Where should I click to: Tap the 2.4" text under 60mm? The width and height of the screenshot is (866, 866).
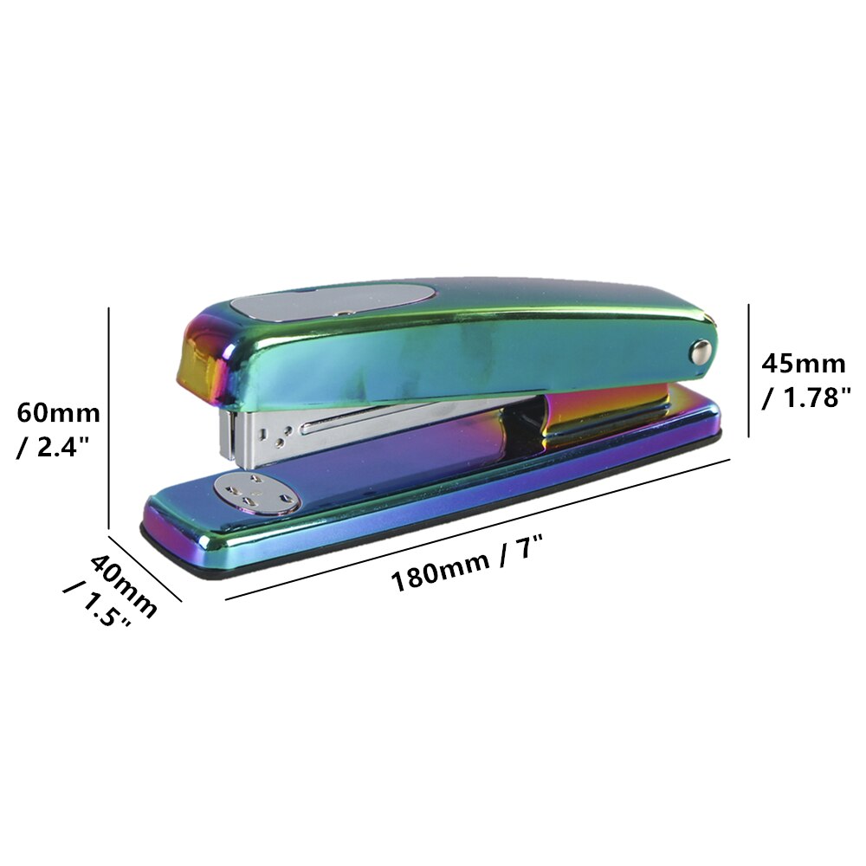[58, 449]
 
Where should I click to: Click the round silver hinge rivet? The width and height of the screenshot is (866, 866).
[700, 351]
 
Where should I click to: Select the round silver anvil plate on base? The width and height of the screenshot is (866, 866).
[258, 494]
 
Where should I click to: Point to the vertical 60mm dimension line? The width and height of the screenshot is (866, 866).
[109, 416]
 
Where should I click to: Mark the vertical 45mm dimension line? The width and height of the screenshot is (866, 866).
[748, 368]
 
